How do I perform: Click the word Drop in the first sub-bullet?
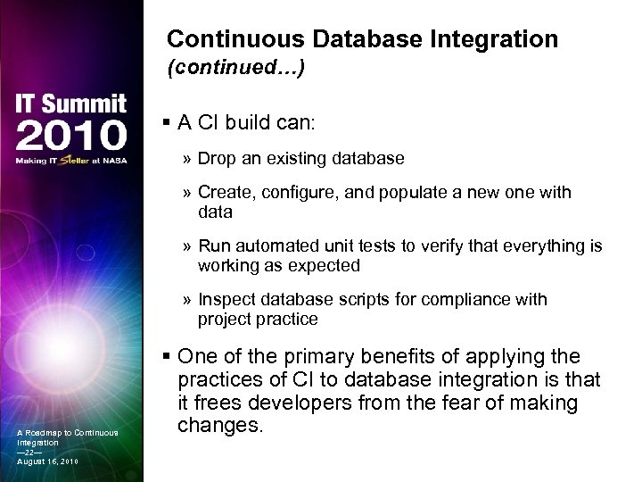[x=216, y=159]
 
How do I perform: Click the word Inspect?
[x=226, y=300]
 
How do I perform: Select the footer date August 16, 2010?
[x=47, y=461]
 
